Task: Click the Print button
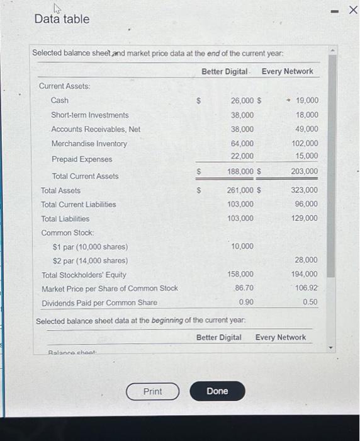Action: click(x=152, y=391)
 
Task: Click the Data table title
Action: click(x=62, y=19)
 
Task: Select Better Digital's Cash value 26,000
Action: click(x=242, y=100)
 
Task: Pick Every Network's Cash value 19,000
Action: click(x=307, y=100)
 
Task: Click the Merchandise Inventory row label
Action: click(x=89, y=144)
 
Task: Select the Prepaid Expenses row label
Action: click(x=81, y=159)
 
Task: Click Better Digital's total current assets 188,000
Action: click(x=240, y=171)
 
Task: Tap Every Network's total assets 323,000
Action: click(x=305, y=190)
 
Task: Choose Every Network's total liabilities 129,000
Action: click(x=305, y=218)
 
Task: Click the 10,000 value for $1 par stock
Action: click(x=242, y=246)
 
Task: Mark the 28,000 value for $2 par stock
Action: click(x=306, y=260)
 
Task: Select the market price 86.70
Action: click(x=244, y=288)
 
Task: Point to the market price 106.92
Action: click(x=306, y=288)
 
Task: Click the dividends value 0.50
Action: click(x=310, y=302)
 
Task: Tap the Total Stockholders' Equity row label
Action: click(x=83, y=275)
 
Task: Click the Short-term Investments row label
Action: click(x=89, y=115)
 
